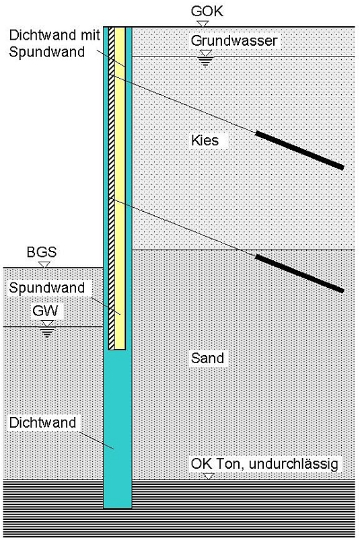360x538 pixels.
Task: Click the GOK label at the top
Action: (207, 11)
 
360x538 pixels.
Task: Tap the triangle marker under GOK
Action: (203, 24)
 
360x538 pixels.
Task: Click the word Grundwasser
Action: (234, 41)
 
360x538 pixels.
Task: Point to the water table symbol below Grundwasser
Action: (205, 57)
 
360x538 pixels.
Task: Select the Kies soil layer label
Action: (205, 141)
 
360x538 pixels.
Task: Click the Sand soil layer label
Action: (208, 358)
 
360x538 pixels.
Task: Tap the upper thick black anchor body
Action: (299, 150)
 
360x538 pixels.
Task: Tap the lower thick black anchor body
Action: (299, 274)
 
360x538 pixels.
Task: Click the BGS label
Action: (42, 252)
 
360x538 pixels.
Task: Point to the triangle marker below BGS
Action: (44, 265)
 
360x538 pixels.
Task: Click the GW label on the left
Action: (45, 311)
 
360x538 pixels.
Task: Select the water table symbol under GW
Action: (47, 329)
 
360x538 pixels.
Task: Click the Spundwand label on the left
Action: (46, 288)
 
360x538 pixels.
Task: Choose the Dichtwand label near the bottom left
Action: (42, 422)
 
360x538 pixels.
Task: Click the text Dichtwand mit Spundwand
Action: (55, 44)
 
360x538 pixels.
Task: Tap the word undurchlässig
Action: (293, 464)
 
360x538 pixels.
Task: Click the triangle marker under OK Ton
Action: (209, 476)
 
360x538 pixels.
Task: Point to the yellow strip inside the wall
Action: (120, 188)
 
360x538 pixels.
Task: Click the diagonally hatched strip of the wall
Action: (112, 188)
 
